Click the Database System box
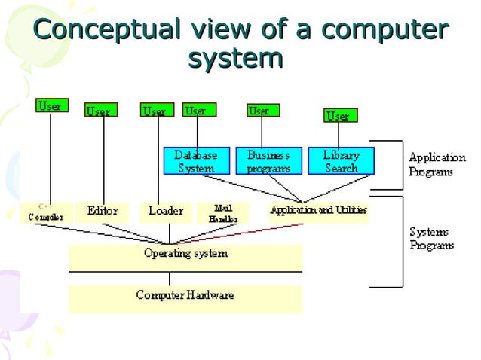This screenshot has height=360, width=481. pos(196,161)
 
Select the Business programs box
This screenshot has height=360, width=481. pos(268,161)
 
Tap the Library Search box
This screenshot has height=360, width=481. pos(341,161)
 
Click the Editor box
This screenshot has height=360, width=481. pos(103,212)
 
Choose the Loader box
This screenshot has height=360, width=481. pos(165,212)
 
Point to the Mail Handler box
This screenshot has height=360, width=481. pos(222,213)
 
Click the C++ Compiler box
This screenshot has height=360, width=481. pos(46,212)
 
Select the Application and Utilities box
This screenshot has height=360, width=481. pos(319,212)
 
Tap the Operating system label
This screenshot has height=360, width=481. pos(185,254)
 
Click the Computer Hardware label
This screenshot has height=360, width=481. pos(185,295)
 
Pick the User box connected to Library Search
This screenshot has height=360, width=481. pos(338,115)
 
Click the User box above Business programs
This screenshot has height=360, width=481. pos(262,110)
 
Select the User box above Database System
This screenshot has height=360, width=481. pos(198,110)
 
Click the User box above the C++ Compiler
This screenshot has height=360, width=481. pos(51,105)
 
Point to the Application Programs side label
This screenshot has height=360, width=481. pos(437,165)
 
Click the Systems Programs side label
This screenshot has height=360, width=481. pos(432,238)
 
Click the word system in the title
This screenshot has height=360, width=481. pos(235,57)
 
